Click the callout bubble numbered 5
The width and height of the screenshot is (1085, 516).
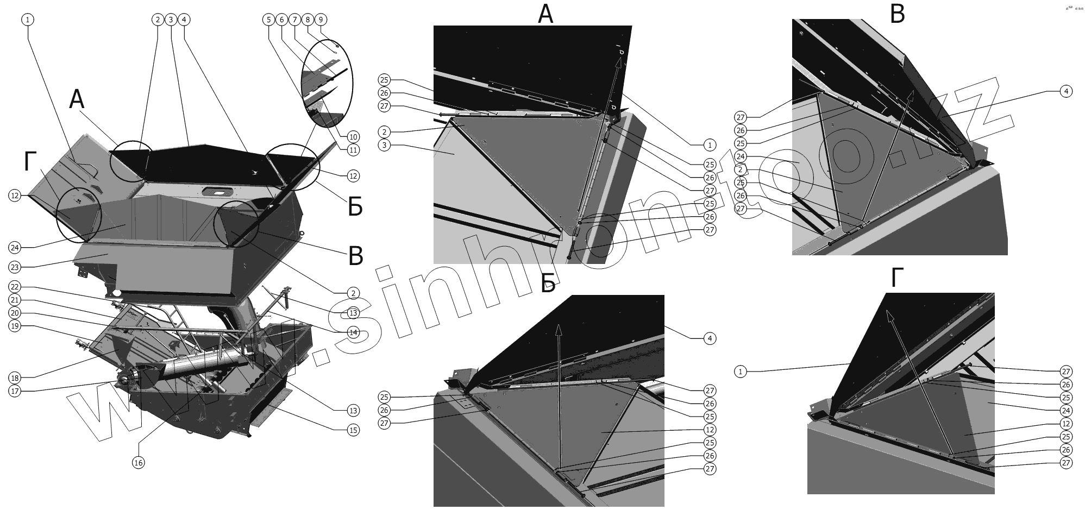[x=268, y=20]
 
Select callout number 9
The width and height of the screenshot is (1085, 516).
[x=321, y=20]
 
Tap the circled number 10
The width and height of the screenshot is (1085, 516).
[x=353, y=136]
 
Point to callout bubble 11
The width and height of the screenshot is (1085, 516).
[x=353, y=150]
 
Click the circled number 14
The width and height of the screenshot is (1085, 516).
[x=353, y=332]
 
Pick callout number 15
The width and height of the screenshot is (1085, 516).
[x=353, y=430]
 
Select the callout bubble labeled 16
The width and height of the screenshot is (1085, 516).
[x=139, y=463]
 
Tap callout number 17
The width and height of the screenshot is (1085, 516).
[x=15, y=391]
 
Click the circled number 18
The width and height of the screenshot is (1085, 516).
[x=15, y=378]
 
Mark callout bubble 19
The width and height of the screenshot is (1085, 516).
[x=15, y=326]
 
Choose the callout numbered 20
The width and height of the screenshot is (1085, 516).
[x=15, y=313]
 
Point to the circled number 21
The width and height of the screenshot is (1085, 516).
[x=15, y=300]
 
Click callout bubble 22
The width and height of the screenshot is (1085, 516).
[x=15, y=287]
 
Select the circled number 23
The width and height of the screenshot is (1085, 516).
[x=15, y=267]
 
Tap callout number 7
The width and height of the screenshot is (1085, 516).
[x=294, y=20]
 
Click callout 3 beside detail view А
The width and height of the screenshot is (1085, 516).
[x=385, y=146]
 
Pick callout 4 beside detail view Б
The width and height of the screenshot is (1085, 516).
[x=710, y=338]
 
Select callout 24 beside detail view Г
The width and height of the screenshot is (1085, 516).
[x=1066, y=411]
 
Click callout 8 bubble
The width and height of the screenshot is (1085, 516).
[x=308, y=20]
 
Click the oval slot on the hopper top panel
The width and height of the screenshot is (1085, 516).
[x=217, y=192]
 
